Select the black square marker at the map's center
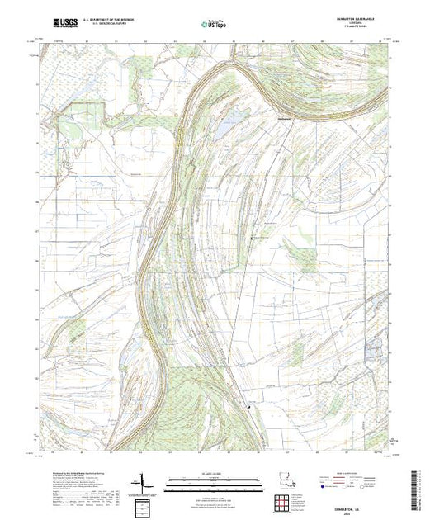point(253,239)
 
